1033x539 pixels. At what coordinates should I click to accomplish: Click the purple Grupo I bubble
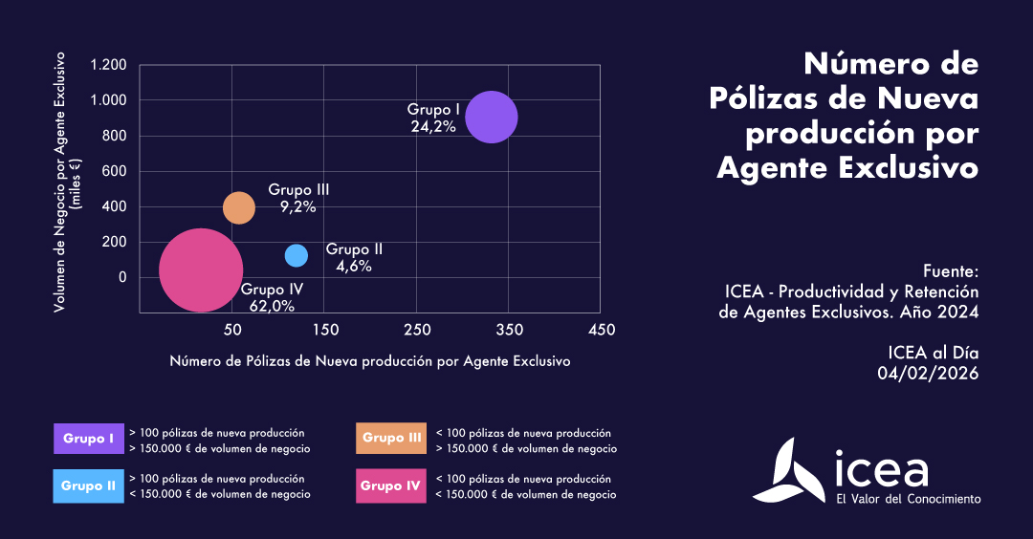coord(492,117)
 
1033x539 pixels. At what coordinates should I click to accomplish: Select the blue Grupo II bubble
coord(297,255)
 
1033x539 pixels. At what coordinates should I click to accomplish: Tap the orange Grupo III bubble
coord(239,207)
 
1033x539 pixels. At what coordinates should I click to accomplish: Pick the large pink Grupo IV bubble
coord(200,269)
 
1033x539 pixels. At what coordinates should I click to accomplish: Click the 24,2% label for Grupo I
coord(433,126)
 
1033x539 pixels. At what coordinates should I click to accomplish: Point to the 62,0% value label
coord(272,306)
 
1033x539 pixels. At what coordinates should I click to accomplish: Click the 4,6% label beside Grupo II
coord(354,267)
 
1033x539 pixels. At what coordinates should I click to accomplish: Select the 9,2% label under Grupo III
coord(297,206)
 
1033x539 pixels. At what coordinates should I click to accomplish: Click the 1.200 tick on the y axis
coord(108,65)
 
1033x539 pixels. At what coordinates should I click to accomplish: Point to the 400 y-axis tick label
coord(115,206)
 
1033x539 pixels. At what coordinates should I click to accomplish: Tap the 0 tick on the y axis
coord(122,277)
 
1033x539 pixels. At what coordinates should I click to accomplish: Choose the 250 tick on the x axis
coord(416,330)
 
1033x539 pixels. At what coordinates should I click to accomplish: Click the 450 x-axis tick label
coord(601,330)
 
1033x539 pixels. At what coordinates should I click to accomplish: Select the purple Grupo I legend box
coord(89,439)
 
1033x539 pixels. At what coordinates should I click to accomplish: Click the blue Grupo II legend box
coord(89,485)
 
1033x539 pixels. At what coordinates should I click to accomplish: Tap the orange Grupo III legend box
coord(392,439)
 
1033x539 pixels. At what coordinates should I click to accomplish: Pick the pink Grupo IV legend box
coord(392,485)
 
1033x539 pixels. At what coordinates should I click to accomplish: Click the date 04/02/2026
coord(928,374)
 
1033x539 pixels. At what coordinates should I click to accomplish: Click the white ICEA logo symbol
coord(787,471)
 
